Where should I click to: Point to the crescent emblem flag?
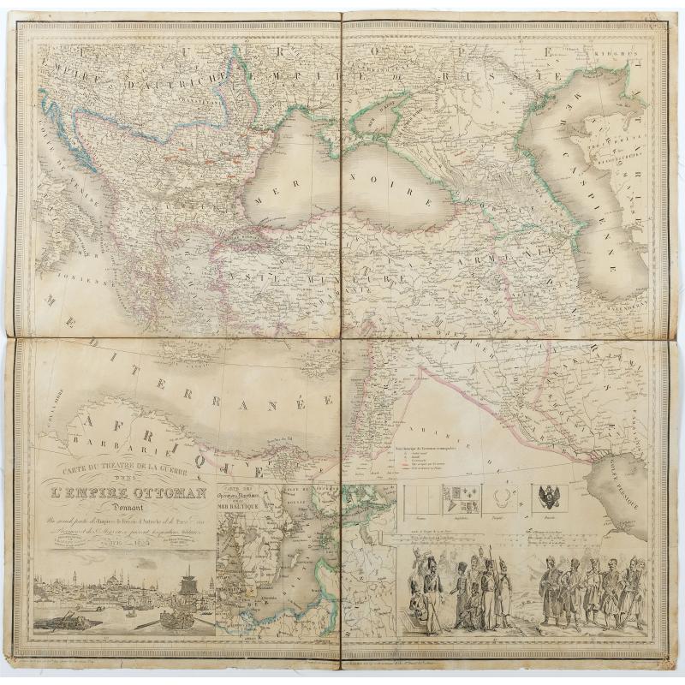pos(502,496)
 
